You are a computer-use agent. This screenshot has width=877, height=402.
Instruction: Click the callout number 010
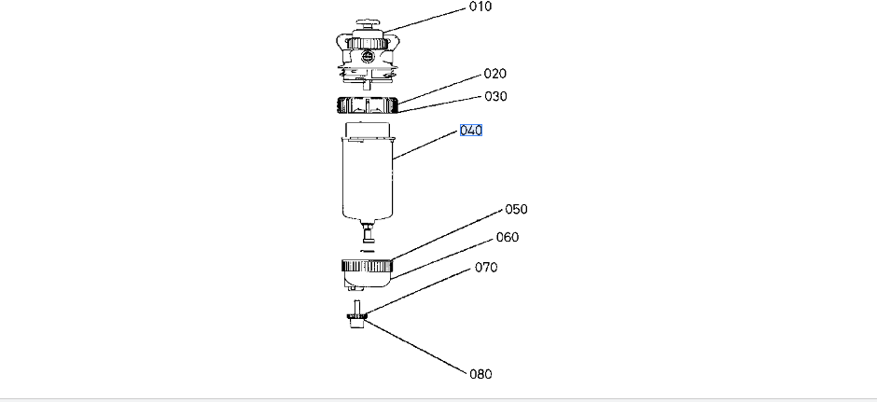coord(480,7)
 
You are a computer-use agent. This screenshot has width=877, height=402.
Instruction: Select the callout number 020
coord(494,74)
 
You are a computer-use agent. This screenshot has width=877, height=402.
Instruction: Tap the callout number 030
coord(494,97)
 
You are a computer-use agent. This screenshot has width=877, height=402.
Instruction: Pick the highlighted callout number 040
coord(471,131)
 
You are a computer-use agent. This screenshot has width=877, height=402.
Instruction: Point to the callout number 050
coord(516,210)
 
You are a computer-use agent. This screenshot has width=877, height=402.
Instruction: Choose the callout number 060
coord(507,238)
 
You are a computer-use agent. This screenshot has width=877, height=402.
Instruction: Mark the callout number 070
coord(486,268)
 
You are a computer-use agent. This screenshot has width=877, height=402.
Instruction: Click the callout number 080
coord(480,374)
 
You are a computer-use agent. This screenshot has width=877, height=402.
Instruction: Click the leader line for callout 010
coord(429,19)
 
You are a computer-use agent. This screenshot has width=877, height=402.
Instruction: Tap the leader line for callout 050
coord(448,234)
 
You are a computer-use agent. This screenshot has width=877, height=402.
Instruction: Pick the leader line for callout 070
coord(420,291)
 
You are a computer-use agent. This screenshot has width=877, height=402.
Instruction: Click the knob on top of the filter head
coord(371,25)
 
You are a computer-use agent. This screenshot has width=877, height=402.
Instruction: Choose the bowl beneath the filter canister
coord(367,272)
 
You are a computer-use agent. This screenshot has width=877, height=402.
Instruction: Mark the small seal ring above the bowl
coord(367,250)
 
